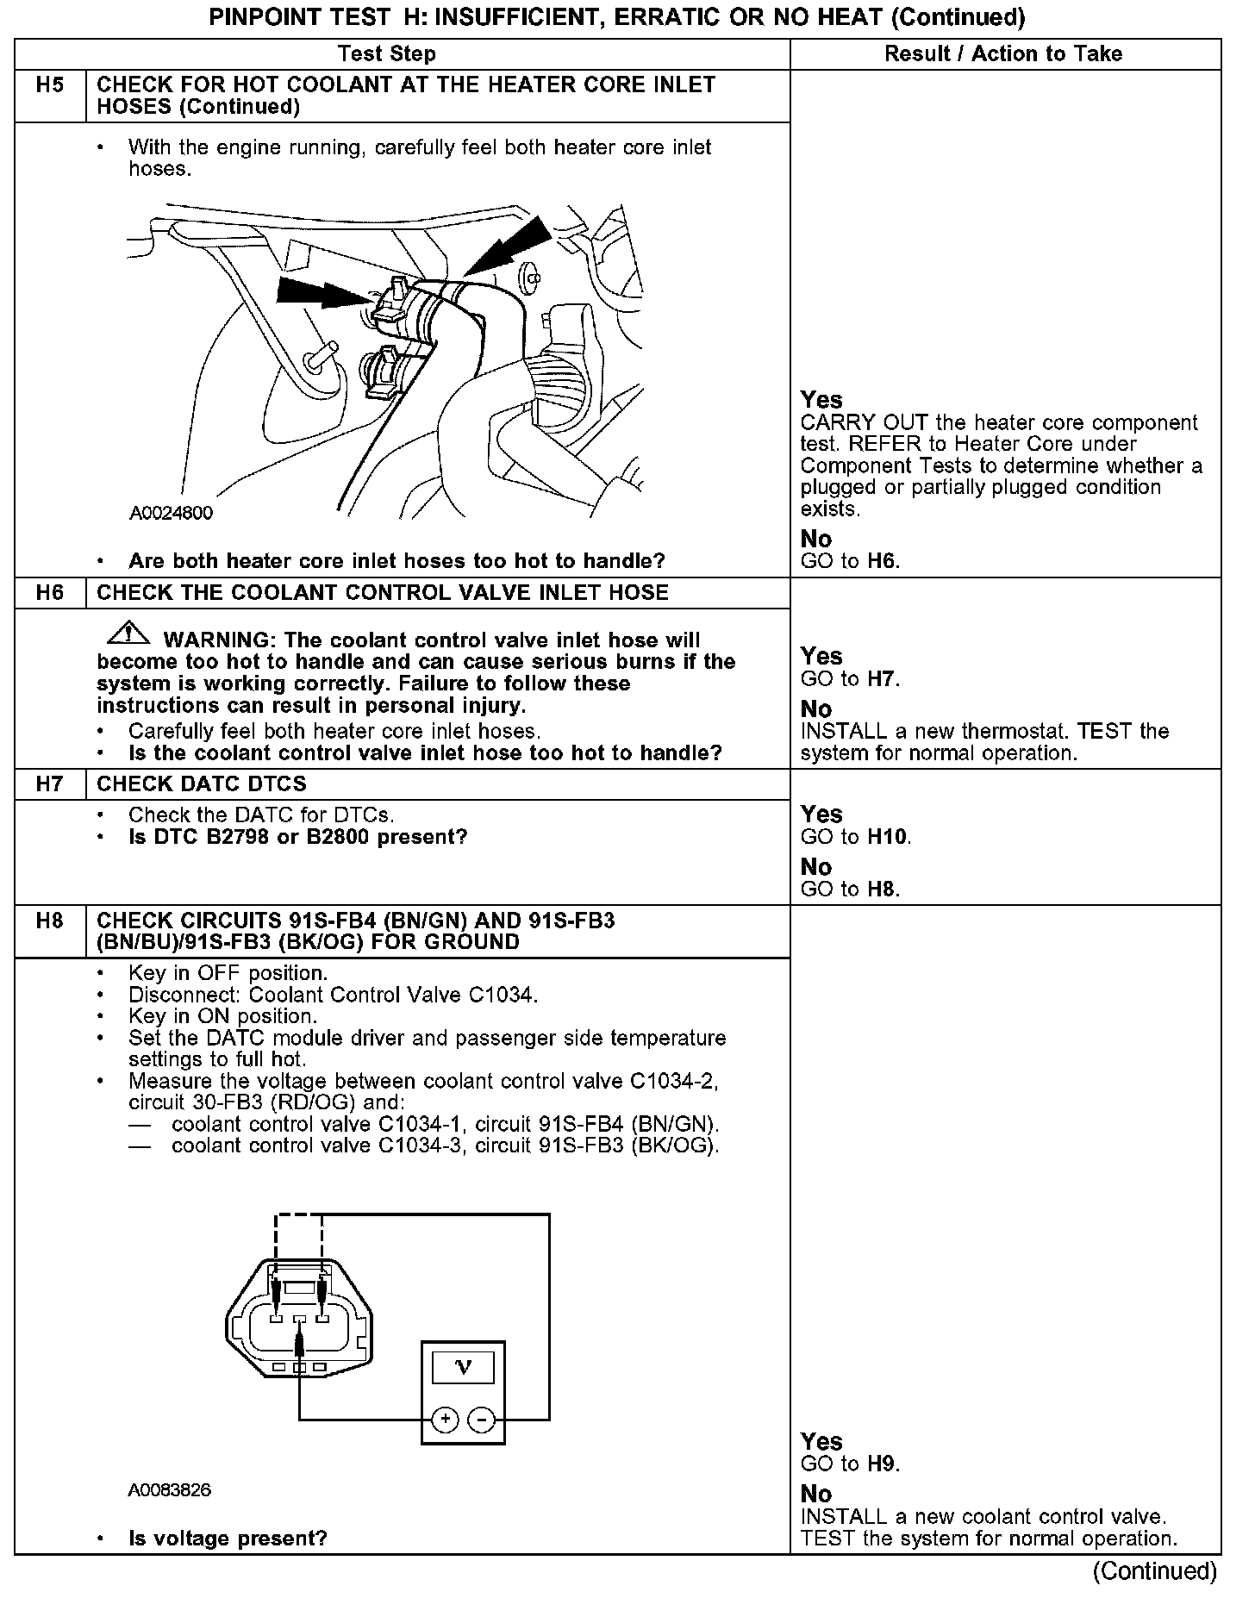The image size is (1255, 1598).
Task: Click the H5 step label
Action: coord(50,85)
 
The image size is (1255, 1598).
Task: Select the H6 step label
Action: coord(50,593)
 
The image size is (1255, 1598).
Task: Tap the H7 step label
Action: coord(50,784)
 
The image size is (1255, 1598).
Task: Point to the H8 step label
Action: coord(50,921)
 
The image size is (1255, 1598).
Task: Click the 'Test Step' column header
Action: coord(387,54)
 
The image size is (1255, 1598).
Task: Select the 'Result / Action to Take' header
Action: coord(1003,54)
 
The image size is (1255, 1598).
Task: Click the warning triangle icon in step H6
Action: coord(128,634)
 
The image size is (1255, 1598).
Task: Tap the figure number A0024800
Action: coord(171,514)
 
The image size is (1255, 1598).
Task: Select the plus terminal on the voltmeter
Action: coord(445,1419)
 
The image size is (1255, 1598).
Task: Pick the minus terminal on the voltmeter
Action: coord(481,1419)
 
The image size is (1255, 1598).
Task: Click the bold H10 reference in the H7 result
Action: coord(887,837)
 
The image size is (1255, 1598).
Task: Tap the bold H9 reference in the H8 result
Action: coord(882,1464)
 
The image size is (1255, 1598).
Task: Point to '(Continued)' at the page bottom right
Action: coord(1154,1571)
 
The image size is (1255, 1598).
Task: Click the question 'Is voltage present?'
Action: coord(228,1539)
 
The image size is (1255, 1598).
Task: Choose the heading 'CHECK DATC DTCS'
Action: coord(202,784)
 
